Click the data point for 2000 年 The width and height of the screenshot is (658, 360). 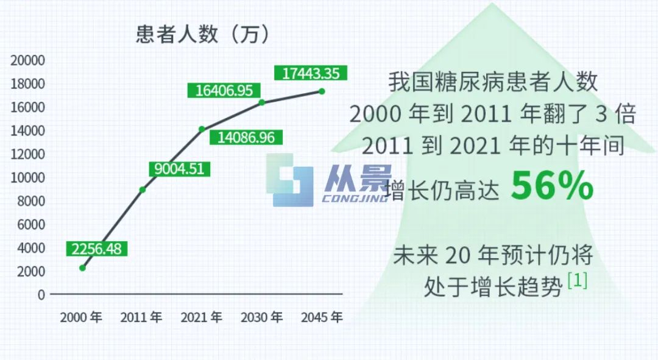tap(83, 267)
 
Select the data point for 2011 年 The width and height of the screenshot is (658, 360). tap(143, 189)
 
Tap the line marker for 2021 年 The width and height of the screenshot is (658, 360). tap(202, 129)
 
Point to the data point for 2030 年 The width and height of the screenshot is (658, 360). tap(262, 102)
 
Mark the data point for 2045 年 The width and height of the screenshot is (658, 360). tap(322, 91)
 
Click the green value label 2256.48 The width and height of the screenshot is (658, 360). tap(96, 249)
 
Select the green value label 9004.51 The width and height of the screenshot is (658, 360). tap(179, 169)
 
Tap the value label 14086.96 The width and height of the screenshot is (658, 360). tap(246, 137)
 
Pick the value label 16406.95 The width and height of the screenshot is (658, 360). tap(224, 90)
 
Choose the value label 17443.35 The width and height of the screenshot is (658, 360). tap(311, 73)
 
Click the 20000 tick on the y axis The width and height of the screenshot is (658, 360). tap(27, 60)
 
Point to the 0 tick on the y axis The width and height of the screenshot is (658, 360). tap(41, 295)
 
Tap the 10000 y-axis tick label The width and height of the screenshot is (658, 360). tap(27, 178)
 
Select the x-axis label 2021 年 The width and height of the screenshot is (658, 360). tap(202, 317)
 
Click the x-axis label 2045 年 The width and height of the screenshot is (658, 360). tap(322, 317)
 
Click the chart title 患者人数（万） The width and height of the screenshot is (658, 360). tap(203, 34)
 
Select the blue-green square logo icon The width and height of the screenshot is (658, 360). tap(290, 180)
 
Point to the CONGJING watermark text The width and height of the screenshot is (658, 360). tap(355, 197)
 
